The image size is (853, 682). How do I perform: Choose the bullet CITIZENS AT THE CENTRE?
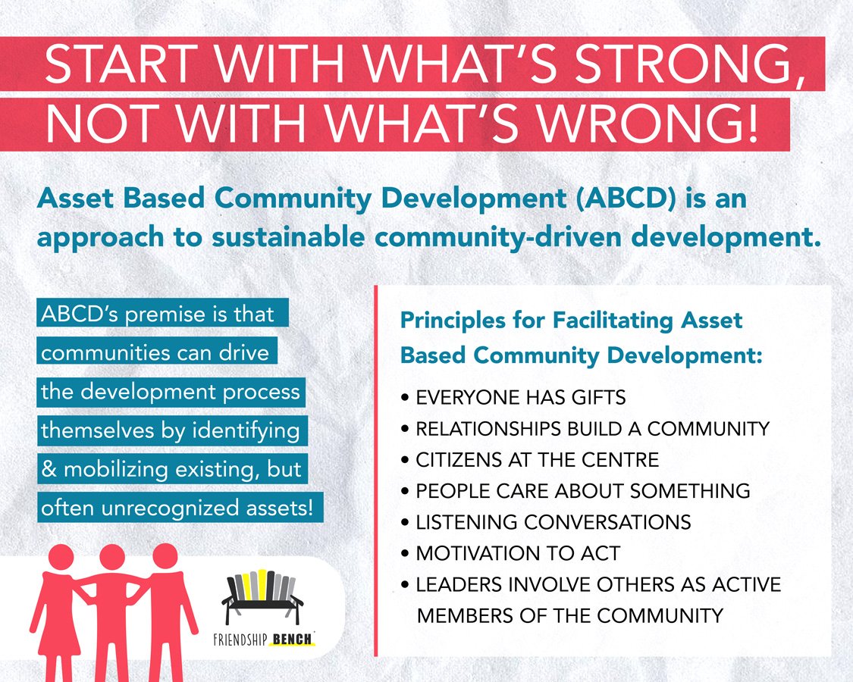tap(537, 460)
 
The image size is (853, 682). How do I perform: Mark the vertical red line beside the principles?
tap(376, 470)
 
